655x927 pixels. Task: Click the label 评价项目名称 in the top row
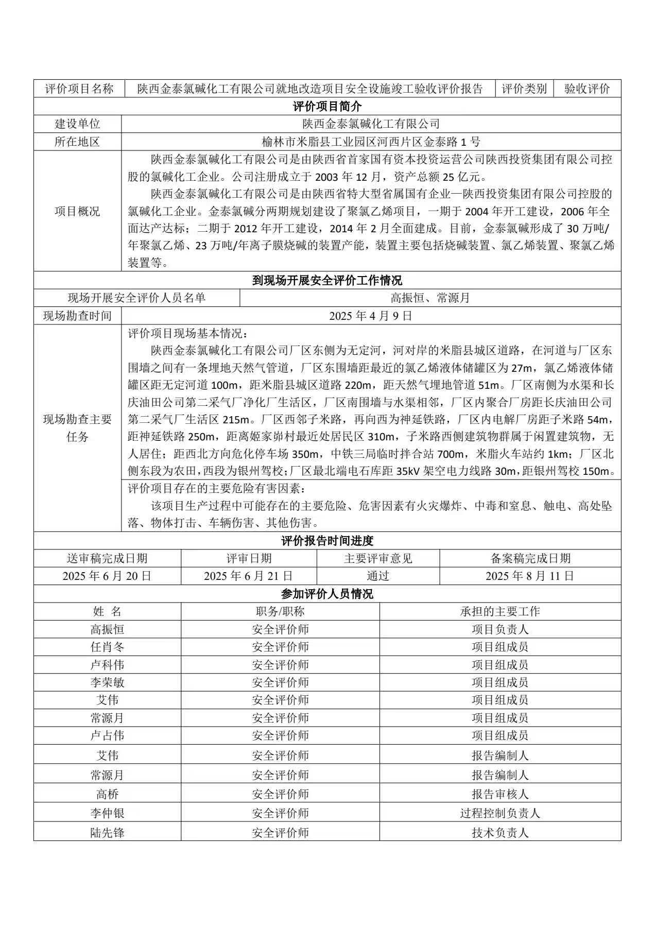coord(79,89)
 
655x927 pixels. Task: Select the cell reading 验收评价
coord(587,89)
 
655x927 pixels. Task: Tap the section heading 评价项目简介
coord(327,107)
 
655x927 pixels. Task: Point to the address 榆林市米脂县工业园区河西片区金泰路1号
coord(371,142)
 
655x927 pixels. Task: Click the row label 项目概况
coord(77,211)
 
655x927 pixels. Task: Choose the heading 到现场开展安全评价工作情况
coord(327,280)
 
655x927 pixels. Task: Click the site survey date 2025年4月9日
coord(371,316)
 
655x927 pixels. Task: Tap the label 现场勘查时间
coord(77,316)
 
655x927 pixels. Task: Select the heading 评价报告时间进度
coord(327,541)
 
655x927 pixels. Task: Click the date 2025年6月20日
coord(107,576)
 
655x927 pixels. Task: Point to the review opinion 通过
coord(378,576)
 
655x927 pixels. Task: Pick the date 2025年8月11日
coord(530,576)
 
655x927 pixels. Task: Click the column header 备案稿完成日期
coord(530,558)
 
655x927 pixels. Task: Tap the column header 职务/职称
coord(280,611)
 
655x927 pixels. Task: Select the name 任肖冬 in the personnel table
coord(107,647)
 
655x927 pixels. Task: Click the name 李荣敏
coord(107,682)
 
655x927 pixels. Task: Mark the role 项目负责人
coord(500,629)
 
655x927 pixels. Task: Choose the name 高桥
coord(107,794)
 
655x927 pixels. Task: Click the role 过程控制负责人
coord(500,813)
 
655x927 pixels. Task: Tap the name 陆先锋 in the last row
coord(107,833)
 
